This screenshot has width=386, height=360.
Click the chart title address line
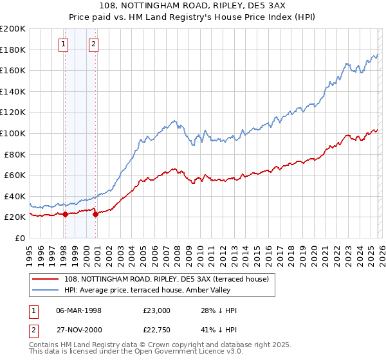[193, 6]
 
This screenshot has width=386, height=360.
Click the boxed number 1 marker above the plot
[64, 44]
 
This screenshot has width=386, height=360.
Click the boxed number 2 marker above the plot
[94, 44]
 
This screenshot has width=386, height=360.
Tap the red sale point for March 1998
[65, 215]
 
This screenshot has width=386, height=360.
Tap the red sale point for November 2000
[96, 215]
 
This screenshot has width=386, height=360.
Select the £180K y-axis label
[13, 50]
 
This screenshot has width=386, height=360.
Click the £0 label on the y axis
[19, 238]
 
